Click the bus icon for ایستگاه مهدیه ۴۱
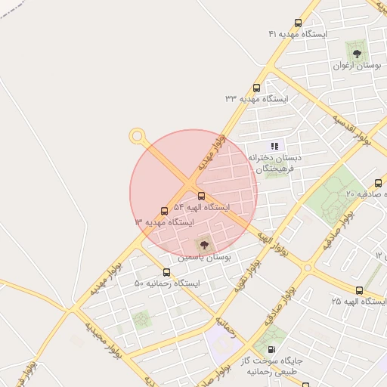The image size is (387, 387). point(298,23)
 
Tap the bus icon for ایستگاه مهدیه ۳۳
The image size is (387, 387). point(257,88)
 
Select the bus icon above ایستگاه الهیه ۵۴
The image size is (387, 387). point(200,196)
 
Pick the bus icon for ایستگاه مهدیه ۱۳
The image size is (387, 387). point(164,211)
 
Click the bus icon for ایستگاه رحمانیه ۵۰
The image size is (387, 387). point(166,272)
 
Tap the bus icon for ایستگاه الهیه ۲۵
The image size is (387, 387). point(358,290)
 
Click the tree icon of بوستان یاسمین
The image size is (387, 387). point(203,244)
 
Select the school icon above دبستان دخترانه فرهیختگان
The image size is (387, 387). point(275,146)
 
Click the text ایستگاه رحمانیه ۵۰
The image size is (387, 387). point(167,283)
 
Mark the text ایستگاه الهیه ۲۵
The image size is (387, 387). point(358,302)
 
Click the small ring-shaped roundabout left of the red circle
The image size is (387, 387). point(137,137)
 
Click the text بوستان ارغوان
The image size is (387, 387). point(355,67)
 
